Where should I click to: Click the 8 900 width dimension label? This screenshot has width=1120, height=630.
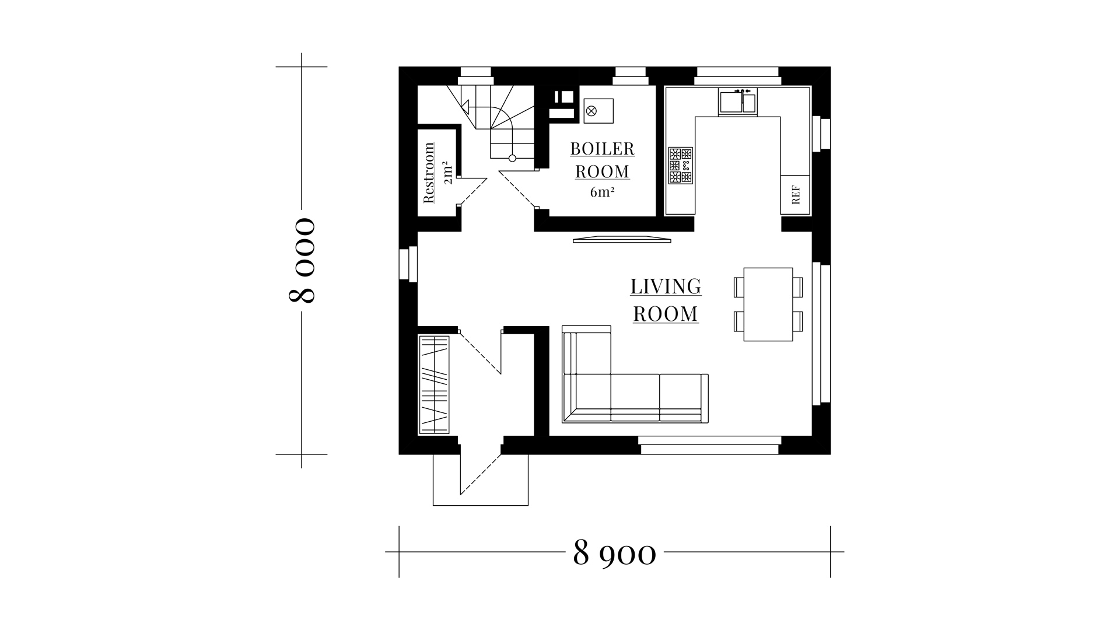tap(615, 552)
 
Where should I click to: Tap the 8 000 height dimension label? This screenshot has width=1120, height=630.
tap(302, 260)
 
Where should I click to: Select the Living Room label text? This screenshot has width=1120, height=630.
tap(666, 300)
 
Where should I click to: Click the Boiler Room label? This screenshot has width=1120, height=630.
tap(603, 160)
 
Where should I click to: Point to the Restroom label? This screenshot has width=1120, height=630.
tap(429, 173)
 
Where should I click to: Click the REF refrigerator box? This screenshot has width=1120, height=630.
tap(796, 195)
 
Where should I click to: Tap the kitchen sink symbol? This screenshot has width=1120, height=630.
tap(738, 101)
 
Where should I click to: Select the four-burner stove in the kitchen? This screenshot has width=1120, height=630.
tap(680, 165)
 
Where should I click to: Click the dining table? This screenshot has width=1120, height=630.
tap(768, 304)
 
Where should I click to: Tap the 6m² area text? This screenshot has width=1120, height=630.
tap(602, 192)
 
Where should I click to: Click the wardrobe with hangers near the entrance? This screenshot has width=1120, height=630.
tap(434, 384)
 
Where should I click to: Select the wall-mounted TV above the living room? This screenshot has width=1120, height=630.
tap(622, 239)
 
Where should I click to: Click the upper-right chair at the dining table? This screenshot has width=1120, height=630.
tap(797, 287)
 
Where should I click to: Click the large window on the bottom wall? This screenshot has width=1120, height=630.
tap(709, 445)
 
